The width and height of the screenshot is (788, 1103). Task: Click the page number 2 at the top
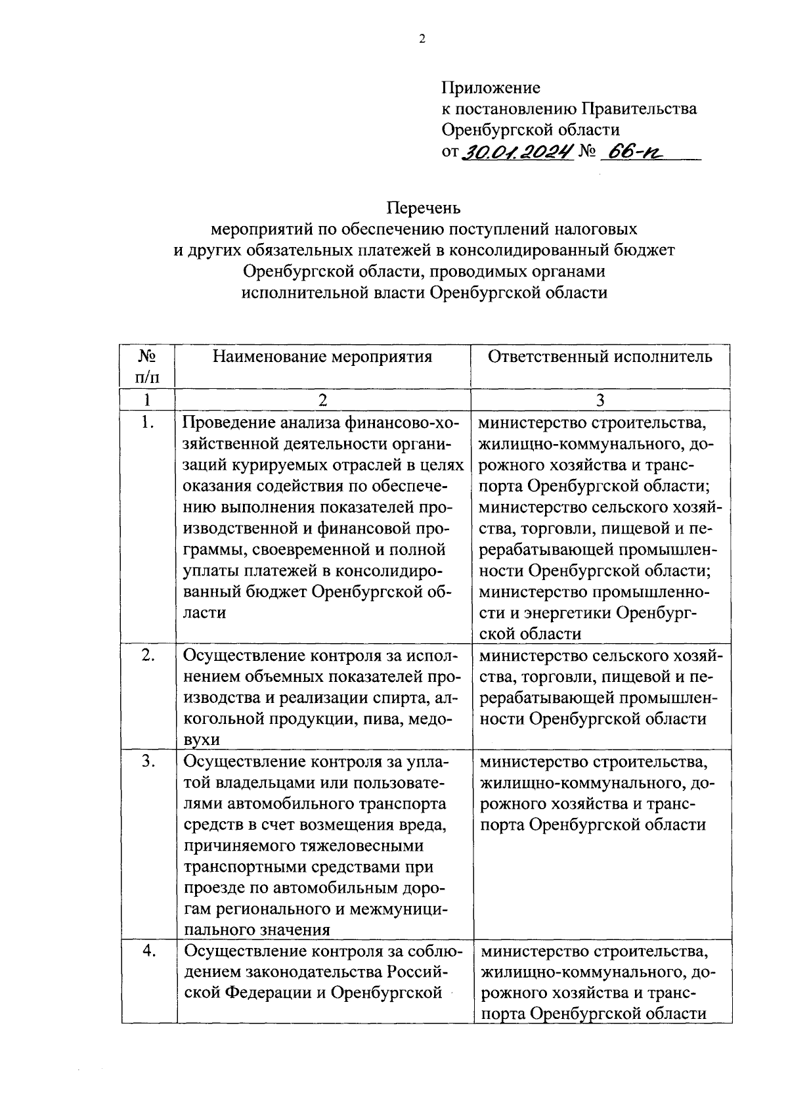pos(422,39)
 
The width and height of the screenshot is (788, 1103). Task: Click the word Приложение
pos(491,87)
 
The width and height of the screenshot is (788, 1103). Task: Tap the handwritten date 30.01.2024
pos(517,152)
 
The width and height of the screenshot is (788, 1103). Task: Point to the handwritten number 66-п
pos(634,152)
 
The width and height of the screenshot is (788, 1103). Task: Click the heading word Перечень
pos(424,208)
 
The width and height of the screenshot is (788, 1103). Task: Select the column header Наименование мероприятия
pos(322,357)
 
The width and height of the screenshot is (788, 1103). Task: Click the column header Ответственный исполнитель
pos(600,357)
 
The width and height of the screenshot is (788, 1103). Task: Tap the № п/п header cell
pos(148,367)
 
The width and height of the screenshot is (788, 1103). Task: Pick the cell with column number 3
pos(600,399)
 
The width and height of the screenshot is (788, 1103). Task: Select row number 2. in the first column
pos(148,655)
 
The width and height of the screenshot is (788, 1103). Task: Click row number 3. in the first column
pos(148,761)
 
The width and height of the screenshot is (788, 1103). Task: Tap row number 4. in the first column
pos(148,951)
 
